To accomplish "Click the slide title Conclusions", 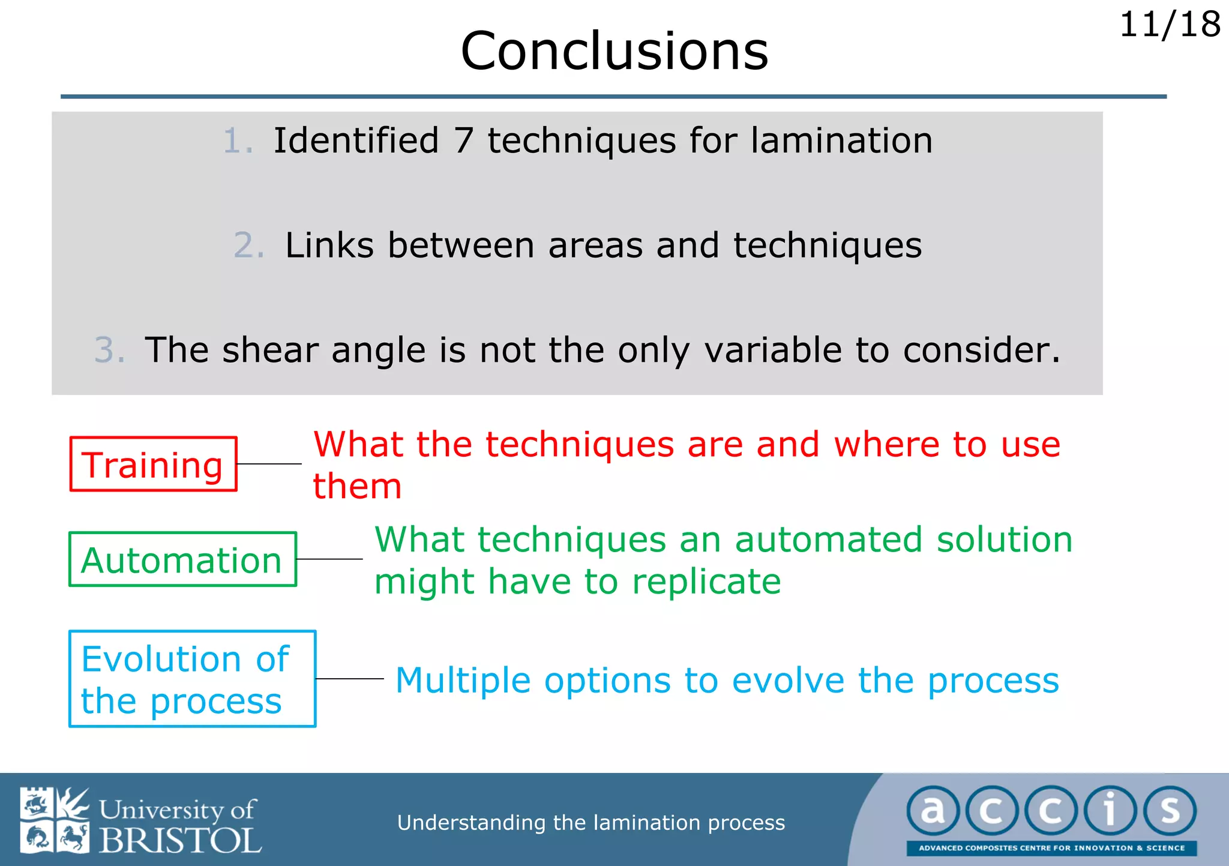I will (614, 52).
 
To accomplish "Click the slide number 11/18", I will (1169, 25).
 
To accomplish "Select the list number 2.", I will (248, 245).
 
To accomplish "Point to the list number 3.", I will (109, 350).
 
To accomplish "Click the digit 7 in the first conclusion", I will (463, 141).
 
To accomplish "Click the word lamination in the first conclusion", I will (841, 141).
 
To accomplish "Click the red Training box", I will (153, 465).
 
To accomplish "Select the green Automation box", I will (182, 559).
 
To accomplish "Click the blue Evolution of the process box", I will (192, 679).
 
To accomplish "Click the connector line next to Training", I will (269, 464).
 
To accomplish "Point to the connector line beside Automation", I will (329, 559).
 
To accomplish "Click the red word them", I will (357, 486).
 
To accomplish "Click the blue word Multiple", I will (463, 681).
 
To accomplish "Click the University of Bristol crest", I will (54, 820).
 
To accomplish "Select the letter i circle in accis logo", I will (1110, 811).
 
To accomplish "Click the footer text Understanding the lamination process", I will (590, 822).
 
